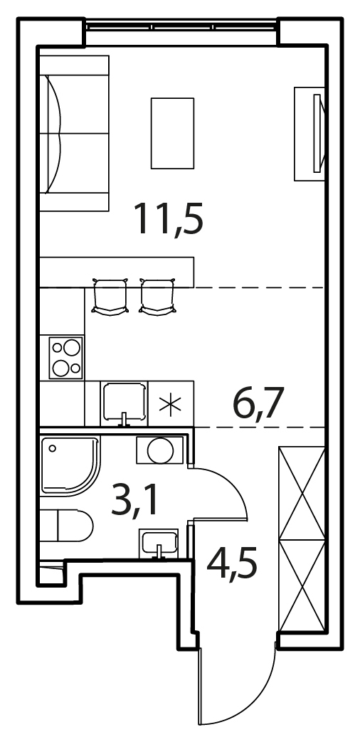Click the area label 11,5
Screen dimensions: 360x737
click(x=168, y=218)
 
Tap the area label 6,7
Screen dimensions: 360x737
click(x=260, y=404)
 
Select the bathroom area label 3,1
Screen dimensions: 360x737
click(x=134, y=502)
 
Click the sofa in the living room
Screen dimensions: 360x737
click(x=74, y=133)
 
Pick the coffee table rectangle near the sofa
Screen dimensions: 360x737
click(x=172, y=133)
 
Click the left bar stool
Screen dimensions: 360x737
click(x=110, y=297)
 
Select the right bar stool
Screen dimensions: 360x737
click(x=158, y=297)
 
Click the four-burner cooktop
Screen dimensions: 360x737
click(x=66, y=357)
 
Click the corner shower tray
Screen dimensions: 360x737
click(x=70, y=465)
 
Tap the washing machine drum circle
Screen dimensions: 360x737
click(x=160, y=451)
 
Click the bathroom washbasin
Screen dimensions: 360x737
click(x=159, y=544)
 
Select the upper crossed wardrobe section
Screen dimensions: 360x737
click(x=302, y=494)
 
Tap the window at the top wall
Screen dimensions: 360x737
click(x=181, y=26)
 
